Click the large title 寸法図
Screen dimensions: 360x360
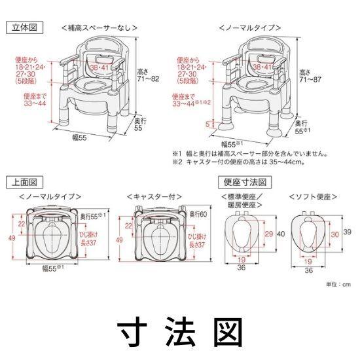tap(179, 330)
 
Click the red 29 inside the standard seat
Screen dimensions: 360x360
tap(251, 234)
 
